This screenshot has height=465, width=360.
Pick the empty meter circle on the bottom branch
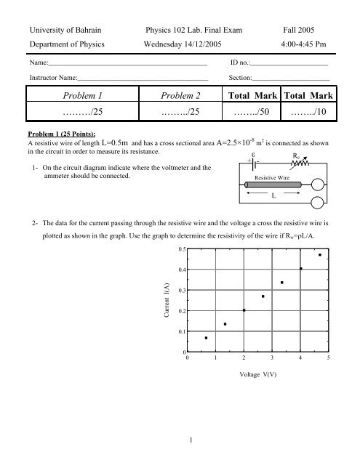coord(318,203)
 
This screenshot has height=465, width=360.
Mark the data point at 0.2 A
coord(244,310)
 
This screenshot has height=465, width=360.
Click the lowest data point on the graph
coord(206,338)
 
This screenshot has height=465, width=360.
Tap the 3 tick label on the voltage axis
coord(272,359)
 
